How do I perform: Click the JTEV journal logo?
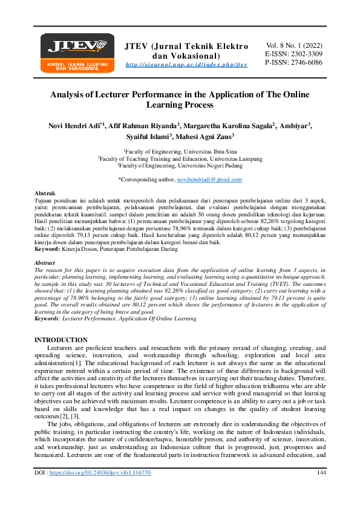coord(73,50)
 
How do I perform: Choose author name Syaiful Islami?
coord(146,137)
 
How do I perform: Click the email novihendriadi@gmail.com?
coord(209,180)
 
